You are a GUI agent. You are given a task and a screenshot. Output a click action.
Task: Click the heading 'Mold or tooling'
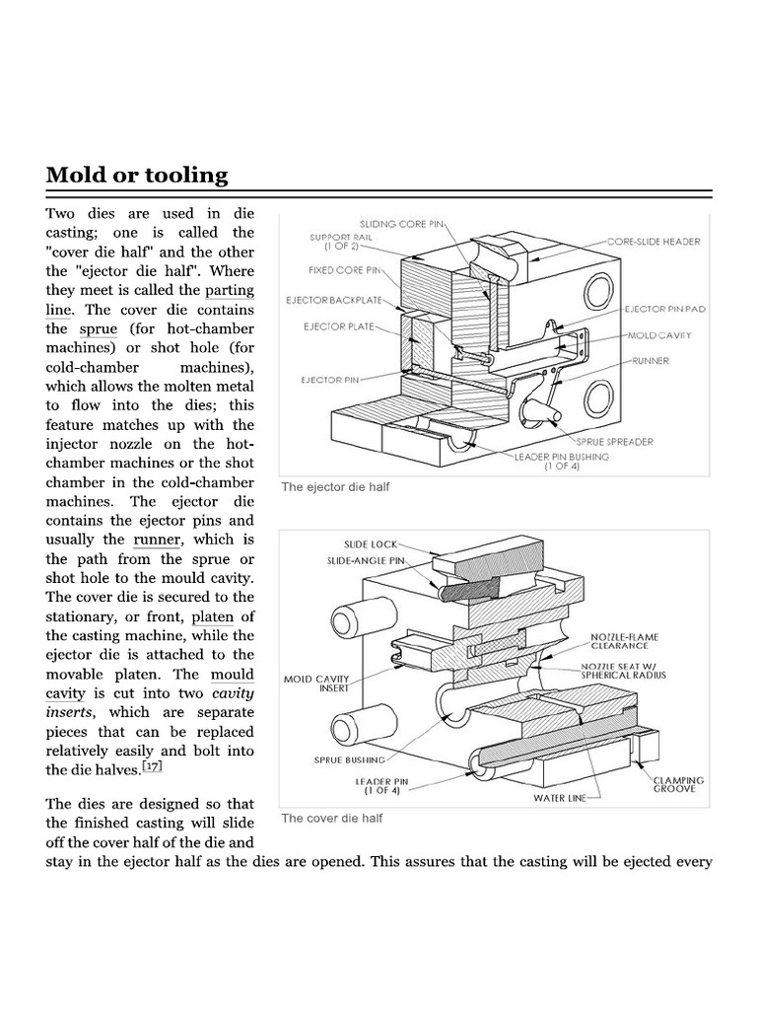pyautogui.click(x=137, y=176)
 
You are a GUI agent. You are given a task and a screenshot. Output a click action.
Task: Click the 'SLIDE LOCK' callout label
pyautogui.click(x=371, y=543)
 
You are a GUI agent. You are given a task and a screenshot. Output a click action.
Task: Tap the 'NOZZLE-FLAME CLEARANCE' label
pyautogui.click(x=619, y=641)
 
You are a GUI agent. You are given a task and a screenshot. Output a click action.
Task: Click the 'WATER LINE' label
pyautogui.click(x=560, y=797)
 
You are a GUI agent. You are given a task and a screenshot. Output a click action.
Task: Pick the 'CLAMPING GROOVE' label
pyautogui.click(x=679, y=784)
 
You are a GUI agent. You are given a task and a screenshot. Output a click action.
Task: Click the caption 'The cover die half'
pyautogui.click(x=331, y=818)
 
